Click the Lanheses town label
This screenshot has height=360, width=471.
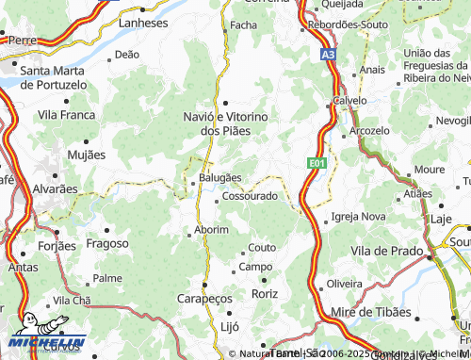coord(144,22)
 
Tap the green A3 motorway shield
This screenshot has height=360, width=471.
coord(327,56)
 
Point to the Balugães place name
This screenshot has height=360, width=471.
coord(219,177)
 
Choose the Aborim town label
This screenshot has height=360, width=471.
coord(211,230)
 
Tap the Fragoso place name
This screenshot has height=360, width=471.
coord(106,243)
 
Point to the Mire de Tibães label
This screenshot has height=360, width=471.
coord(371,312)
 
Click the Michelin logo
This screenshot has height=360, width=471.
coord(47,344)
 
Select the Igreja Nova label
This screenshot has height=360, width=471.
coord(359,217)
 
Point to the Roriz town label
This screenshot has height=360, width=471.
coord(265,294)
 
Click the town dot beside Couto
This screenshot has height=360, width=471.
coord(243,248)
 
